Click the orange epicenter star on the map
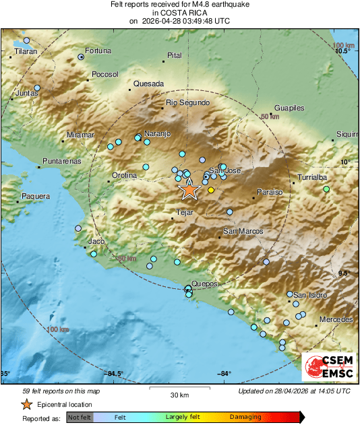[189, 191]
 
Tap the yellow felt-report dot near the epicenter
[211, 191]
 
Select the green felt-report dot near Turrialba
[326, 189]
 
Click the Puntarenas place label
[61, 161]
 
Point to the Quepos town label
[204, 284]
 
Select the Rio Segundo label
[187, 102]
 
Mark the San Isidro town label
[309, 295]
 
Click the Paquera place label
[36, 196]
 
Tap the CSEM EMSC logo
[328, 367]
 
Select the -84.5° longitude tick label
[115, 374]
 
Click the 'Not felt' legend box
[78, 418]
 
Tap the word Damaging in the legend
[245, 418]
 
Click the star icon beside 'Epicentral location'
[26, 405]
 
